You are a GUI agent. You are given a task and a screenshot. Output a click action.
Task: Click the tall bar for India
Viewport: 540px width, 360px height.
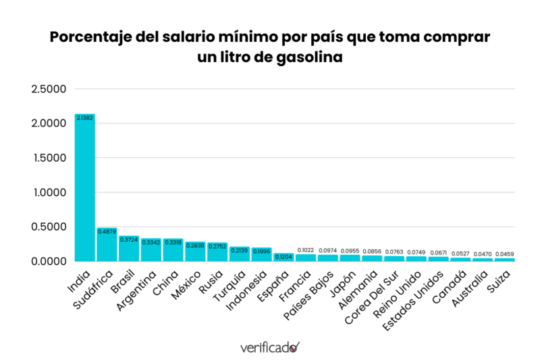[84, 189]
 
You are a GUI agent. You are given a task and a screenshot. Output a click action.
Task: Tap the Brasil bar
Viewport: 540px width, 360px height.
[129, 250]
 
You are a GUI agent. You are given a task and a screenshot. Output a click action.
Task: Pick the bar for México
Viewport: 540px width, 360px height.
[195, 253]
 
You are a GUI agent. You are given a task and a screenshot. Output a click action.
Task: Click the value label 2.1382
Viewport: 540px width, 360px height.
[84, 118]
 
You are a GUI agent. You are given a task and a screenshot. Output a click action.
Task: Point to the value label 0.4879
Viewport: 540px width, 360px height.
[107, 232]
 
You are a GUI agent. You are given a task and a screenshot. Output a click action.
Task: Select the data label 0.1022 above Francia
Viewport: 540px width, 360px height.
[306, 251]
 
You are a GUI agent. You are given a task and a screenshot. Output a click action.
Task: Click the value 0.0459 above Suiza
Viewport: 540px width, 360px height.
[504, 254]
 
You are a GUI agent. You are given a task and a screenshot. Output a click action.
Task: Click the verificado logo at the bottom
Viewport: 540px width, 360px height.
[269, 347]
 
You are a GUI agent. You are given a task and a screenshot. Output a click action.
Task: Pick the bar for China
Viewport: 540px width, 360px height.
[173, 251]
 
